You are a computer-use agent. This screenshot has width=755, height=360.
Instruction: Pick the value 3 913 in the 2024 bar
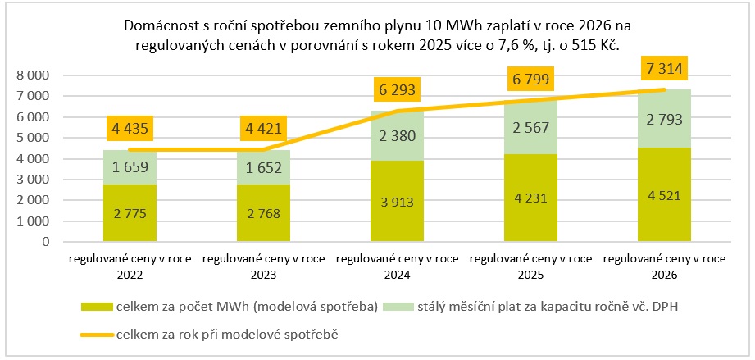(x=396, y=201)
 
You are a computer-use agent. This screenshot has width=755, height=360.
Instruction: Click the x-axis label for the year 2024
(x=396, y=266)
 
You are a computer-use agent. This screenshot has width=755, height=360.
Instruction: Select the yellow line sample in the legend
(x=98, y=334)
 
